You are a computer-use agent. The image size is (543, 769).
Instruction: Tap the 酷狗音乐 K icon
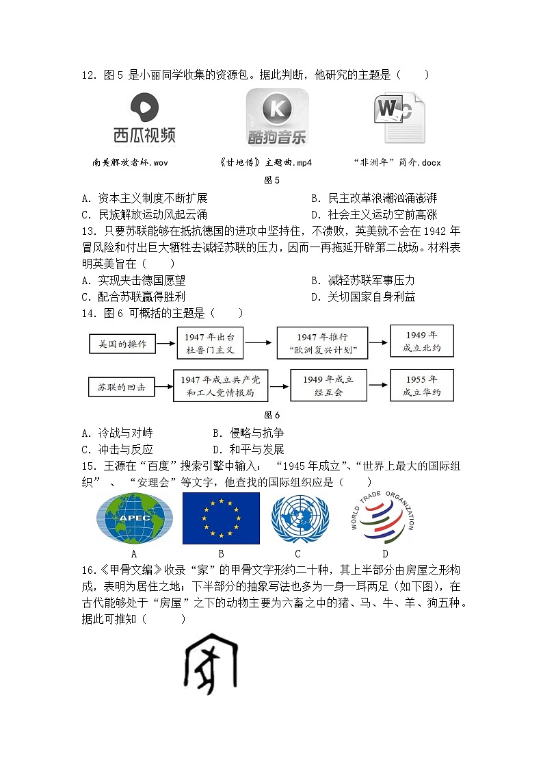(277, 110)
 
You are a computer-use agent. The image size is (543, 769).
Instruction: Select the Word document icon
(399, 118)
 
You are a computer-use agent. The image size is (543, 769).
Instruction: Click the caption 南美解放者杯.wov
(130, 163)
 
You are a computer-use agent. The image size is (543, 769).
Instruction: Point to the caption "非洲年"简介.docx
(397, 163)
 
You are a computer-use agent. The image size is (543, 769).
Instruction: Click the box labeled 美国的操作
(122, 344)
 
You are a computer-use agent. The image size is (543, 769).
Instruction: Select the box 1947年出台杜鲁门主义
(210, 344)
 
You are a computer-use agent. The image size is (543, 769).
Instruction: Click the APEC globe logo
(135, 519)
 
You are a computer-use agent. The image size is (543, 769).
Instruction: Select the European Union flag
(221, 518)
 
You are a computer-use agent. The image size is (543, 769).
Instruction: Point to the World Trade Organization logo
(382, 518)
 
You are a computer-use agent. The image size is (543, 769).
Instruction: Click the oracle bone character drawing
(210, 663)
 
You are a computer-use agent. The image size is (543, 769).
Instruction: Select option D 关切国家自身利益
(371, 297)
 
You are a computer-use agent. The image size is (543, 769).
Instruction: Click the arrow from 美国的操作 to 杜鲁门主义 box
(166, 342)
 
